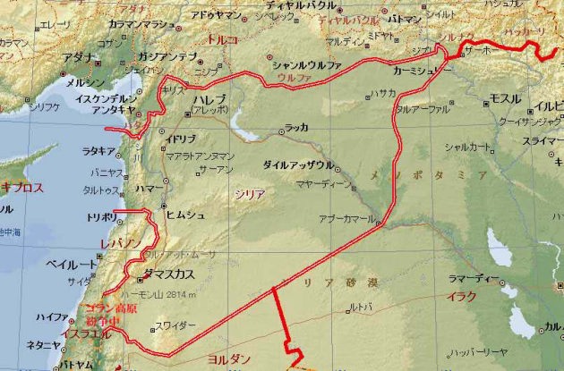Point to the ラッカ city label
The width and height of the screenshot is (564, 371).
tap(297, 128)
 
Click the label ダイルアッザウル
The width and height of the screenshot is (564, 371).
tap(299, 165)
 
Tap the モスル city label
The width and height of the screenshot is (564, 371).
tap(506, 97)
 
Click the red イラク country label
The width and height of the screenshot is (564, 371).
tap(462, 295)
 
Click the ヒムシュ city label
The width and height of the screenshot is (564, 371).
tap(185, 215)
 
